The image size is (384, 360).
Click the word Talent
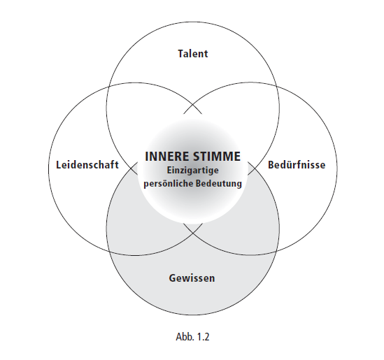tap(193, 54)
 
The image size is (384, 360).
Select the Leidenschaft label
tap(87, 165)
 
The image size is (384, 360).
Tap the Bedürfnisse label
tap(297, 165)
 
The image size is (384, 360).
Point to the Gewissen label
tap(192, 278)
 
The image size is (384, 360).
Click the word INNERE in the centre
tap(165, 157)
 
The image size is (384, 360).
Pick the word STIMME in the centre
tap(215, 157)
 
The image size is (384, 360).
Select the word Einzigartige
tap(193, 171)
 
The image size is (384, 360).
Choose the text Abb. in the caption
tap(184, 337)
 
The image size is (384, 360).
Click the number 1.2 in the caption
tap(204, 337)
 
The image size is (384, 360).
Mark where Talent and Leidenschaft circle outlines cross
tap(108, 87)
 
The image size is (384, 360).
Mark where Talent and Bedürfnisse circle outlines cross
tap(277, 87)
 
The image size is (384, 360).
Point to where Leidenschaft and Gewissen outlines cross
tap(109, 252)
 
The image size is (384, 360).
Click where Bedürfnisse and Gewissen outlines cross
tap(276, 252)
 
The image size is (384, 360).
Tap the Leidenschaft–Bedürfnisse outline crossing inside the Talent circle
tap(193, 105)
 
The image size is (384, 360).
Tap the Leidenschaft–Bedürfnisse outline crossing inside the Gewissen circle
tap(193, 233)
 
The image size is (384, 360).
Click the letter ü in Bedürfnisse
tap(287, 165)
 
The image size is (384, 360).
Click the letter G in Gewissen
tap(172, 278)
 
